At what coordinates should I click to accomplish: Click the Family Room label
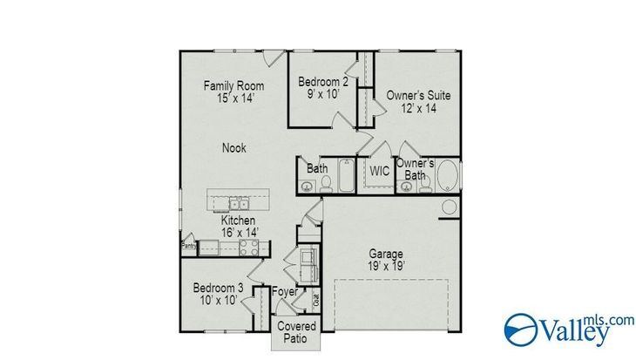point(233,86)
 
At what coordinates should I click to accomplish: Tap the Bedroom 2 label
point(323,82)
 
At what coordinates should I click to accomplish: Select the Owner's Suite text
point(418,95)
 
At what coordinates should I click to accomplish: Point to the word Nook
point(234,147)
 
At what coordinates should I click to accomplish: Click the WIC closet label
point(379,171)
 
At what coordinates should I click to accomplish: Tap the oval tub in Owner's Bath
point(448,175)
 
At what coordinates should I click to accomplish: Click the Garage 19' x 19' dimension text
point(385,266)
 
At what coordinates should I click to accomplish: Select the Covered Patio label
point(296,332)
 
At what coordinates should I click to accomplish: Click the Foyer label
point(285,291)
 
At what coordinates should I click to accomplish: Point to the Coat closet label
point(316,301)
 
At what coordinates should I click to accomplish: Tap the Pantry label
point(188,246)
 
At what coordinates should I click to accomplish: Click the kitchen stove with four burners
point(248,248)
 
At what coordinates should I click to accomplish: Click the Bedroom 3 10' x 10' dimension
point(218,301)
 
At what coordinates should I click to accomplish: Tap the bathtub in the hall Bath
point(347,175)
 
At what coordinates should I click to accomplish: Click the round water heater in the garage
point(449,207)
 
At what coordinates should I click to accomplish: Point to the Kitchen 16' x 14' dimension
point(240,233)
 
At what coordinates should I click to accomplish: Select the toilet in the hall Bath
point(326,184)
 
